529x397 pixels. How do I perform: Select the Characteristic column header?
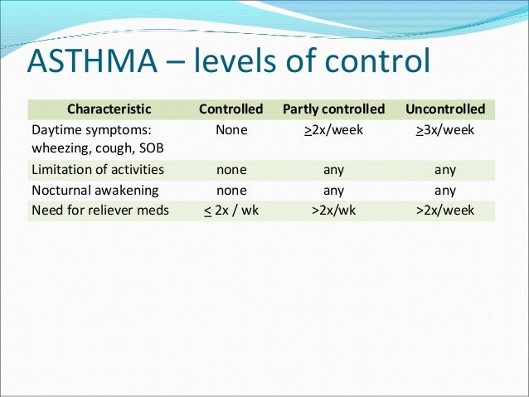[109, 109]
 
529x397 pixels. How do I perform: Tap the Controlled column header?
[231, 109]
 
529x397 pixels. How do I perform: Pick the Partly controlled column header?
[333, 109]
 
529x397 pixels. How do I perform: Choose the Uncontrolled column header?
[445, 109]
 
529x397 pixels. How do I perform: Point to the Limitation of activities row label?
[97, 170]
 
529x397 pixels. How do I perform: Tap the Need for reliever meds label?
[99, 211]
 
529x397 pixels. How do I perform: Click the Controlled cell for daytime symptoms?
[231, 131]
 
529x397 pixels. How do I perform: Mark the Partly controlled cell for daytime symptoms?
[333, 131]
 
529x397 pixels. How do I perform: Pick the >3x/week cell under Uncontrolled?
[445, 131]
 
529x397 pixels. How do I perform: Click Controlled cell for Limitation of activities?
[231, 170]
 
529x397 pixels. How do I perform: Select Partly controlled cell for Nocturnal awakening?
[333, 190]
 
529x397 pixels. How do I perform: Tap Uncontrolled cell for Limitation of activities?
[445, 170]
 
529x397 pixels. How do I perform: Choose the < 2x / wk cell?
[231, 211]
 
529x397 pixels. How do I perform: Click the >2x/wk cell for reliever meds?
[333, 211]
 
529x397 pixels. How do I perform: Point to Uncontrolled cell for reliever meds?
[445, 211]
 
